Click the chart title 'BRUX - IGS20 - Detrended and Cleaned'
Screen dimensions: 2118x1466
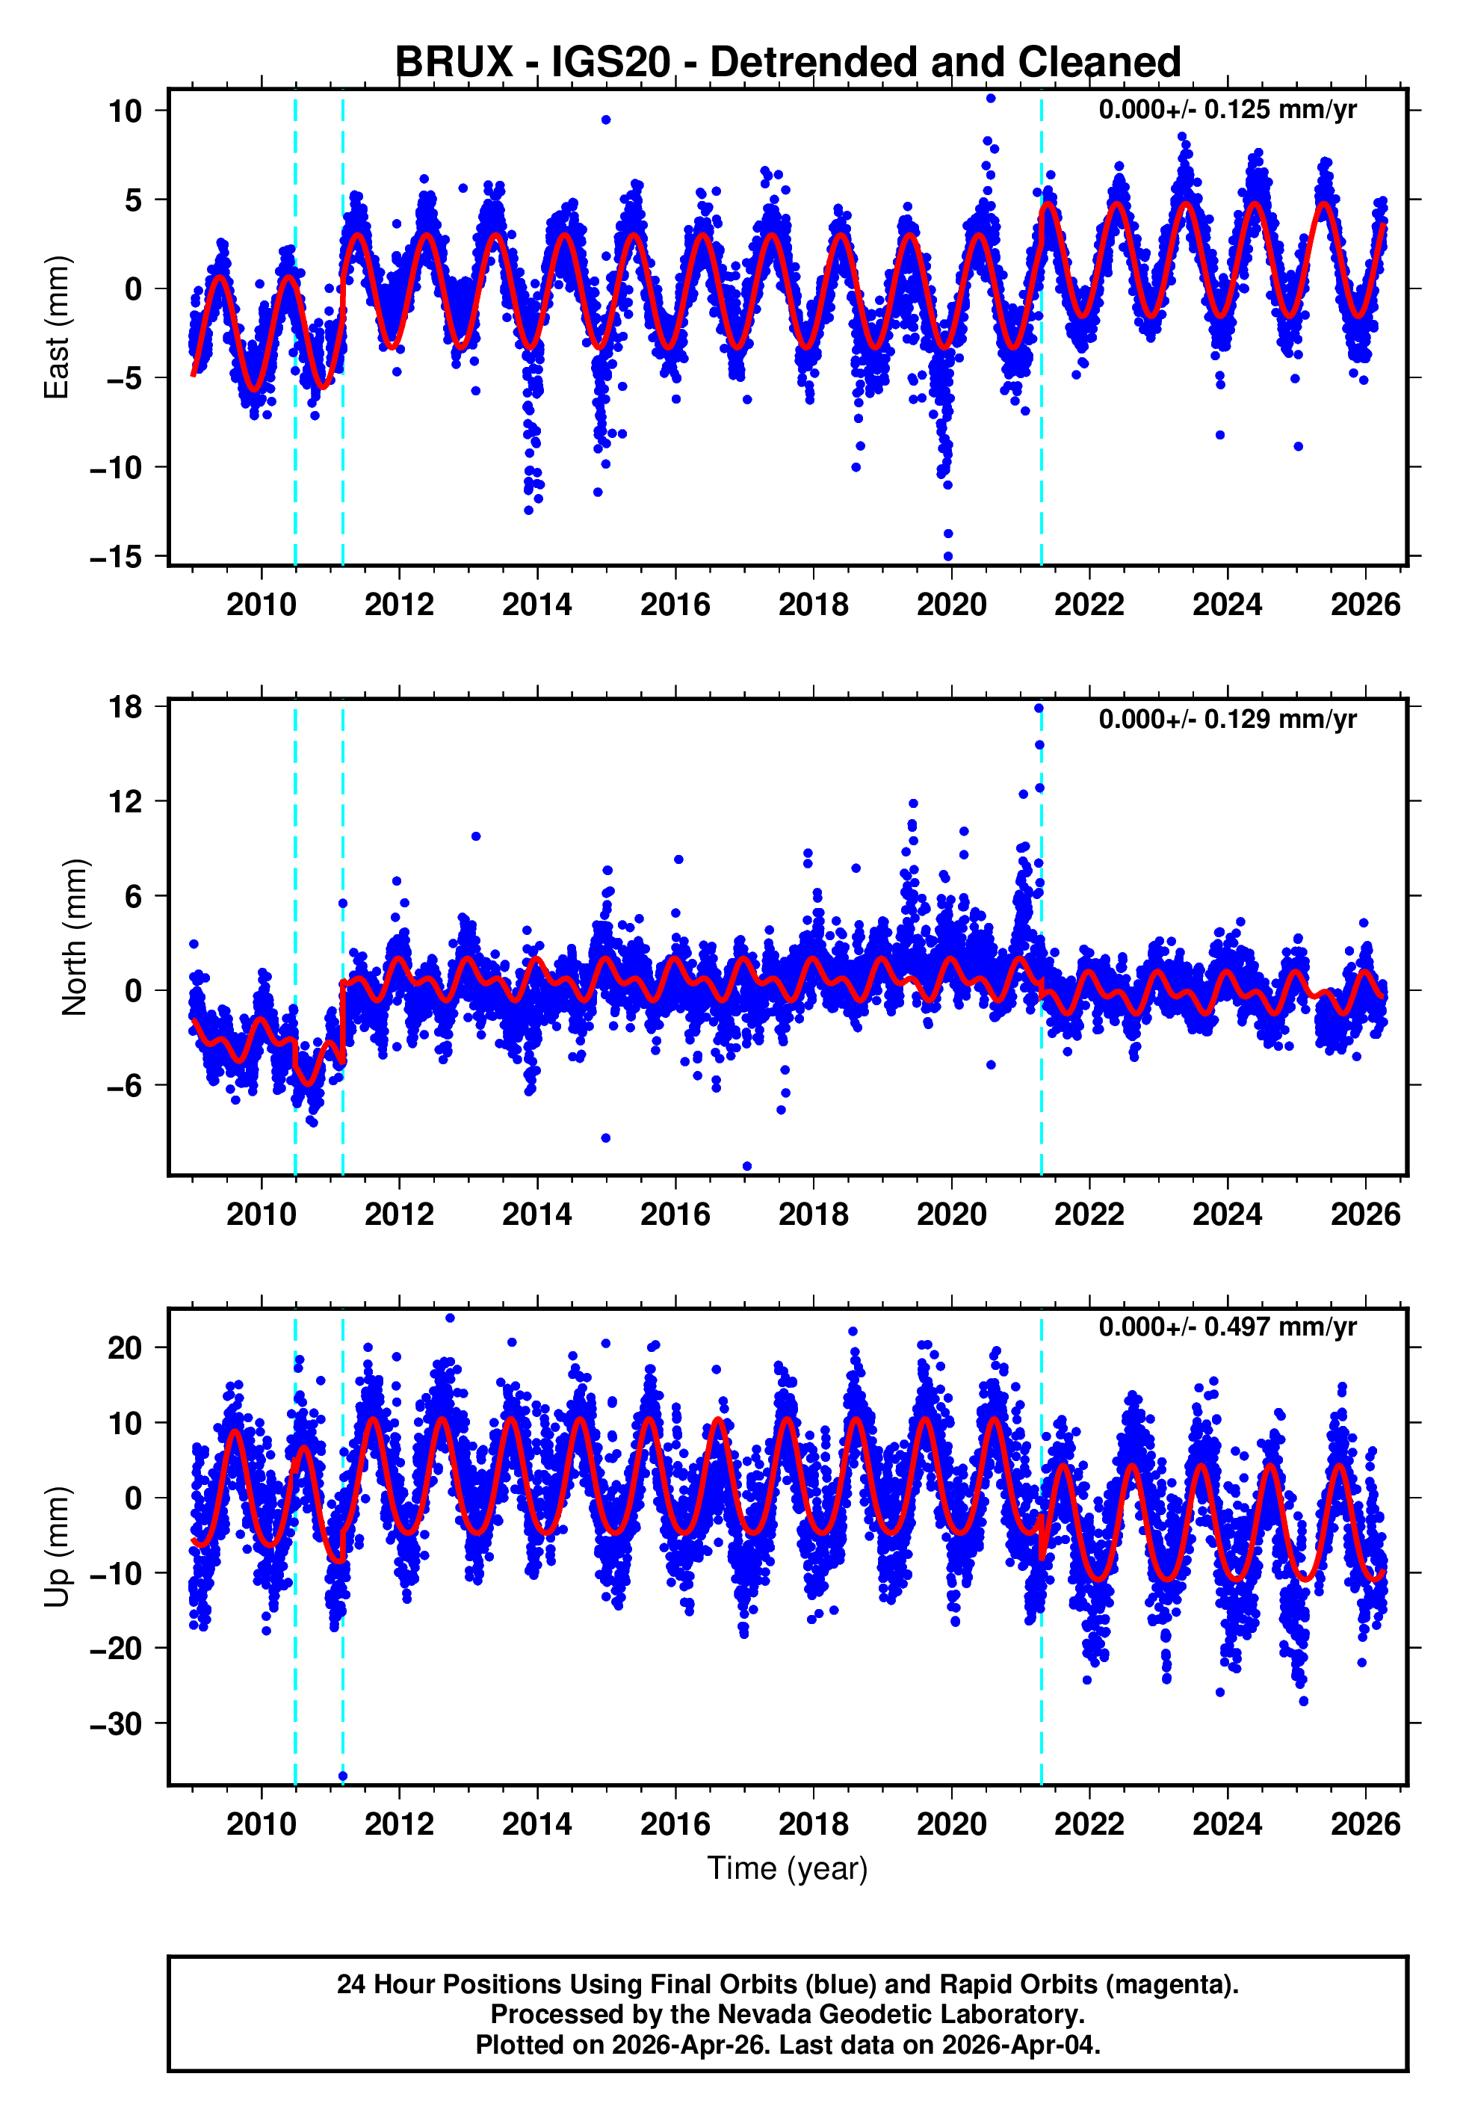(788, 63)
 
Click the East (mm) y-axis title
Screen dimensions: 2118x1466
(57, 328)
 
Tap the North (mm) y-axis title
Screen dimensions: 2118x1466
(75, 938)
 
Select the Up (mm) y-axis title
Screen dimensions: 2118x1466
(57, 1547)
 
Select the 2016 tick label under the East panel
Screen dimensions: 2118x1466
(675, 605)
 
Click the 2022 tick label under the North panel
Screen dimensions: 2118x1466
(1089, 1215)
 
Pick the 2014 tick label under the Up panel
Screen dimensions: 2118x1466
(536, 1824)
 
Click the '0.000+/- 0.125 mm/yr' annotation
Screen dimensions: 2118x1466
(1227, 110)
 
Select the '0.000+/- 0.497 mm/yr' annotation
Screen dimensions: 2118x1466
(1227, 1327)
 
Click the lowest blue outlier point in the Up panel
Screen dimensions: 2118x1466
(343, 1776)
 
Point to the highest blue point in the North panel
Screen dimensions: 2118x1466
(1039, 708)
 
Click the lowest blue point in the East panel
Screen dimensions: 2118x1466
(948, 557)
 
